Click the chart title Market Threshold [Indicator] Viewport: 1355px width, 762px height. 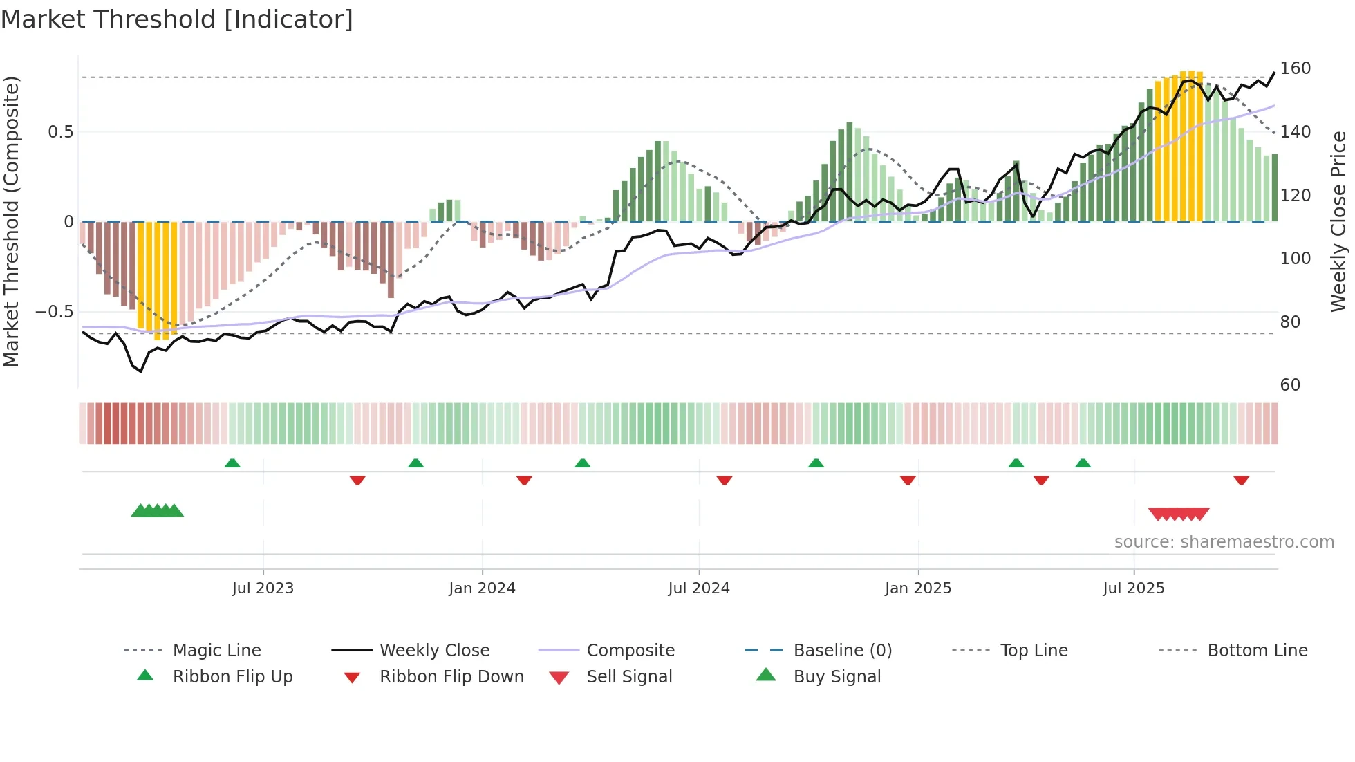(x=177, y=19)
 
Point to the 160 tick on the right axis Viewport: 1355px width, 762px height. (x=1295, y=68)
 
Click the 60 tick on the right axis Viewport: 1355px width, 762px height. (x=1290, y=385)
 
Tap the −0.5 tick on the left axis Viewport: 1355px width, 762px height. (x=54, y=312)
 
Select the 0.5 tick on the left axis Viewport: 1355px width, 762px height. (x=60, y=132)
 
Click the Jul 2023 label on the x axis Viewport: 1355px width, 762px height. (x=263, y=588)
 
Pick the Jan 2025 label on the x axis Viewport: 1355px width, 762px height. (x=917, y=588)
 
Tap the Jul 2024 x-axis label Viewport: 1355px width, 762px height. (x=698, y=588)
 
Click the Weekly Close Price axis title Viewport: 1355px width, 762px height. (x=1338, y=221)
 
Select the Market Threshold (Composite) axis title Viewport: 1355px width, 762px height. (x=11, y=221)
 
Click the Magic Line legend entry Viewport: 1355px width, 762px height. (x=216, y=651)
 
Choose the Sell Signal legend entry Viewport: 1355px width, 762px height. (x=629, y=677)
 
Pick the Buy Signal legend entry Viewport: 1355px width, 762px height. (x=837, y=677)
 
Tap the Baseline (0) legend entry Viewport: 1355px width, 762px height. (x=842, y=651)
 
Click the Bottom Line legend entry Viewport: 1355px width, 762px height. (x=1257, y=651)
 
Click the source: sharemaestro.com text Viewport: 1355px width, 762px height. (x=1224, y=542)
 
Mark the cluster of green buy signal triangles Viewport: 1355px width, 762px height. (x=158, y=511)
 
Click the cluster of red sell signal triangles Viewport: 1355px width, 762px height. (x=1179, y=514)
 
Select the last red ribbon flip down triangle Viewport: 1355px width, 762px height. (x=1241, y=480)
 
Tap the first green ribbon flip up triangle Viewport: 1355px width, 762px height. (x=232, y=463)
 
